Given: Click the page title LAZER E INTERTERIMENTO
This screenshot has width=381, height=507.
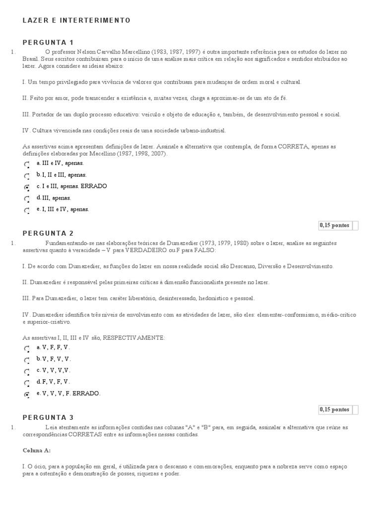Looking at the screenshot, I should (77, 20).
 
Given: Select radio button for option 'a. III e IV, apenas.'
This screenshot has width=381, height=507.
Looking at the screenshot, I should (27, 164).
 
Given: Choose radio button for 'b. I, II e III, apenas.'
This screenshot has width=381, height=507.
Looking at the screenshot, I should (27, 176).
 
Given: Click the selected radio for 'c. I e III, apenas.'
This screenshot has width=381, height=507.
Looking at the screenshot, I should (27, 188).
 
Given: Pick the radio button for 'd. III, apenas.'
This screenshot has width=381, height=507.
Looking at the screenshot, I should (27, 199).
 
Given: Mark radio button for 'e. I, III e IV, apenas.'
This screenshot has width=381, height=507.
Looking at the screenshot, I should (27, 210).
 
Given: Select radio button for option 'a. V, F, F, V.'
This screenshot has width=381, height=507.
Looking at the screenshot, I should (27, 349).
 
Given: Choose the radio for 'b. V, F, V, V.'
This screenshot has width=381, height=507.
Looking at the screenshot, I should (27, 360).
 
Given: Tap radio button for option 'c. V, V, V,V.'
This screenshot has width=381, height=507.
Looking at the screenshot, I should (27, 371).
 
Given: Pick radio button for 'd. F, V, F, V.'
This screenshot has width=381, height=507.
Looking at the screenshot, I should (27, 383).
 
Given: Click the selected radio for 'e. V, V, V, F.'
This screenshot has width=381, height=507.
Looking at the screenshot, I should (27, 395).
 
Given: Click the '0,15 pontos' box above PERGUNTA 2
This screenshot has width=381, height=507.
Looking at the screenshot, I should (335, 225).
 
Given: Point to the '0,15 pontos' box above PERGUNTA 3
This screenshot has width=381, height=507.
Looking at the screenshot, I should (335, 409).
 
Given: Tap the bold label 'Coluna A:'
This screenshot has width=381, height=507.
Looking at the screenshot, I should (37, 451).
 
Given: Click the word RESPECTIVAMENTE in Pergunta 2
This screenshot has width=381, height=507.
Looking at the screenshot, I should (133, 337).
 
